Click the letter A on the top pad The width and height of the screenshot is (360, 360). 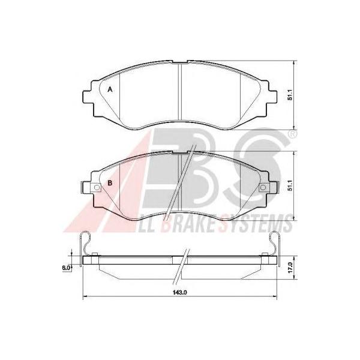110,89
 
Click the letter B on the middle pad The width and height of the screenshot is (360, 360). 110,183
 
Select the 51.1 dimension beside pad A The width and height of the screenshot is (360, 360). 290,95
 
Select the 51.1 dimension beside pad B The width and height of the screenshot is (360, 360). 290,185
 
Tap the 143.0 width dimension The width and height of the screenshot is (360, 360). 180,292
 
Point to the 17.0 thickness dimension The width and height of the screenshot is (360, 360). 290,268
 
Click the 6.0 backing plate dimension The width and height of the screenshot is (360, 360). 65,268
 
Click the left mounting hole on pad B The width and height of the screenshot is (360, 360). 97,188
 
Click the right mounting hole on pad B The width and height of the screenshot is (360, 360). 263,188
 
